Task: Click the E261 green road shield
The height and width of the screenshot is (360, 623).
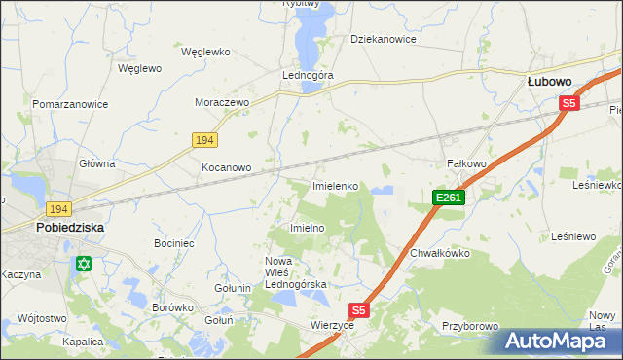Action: click(x=449, y=198)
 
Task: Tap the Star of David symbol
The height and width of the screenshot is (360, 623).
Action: click(x=84, y=264)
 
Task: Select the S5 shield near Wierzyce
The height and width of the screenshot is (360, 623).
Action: click(x=360, y=310)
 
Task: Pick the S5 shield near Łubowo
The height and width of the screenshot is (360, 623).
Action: click(x=569, y=102)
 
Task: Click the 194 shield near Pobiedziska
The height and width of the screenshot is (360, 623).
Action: click(x=58, y=209)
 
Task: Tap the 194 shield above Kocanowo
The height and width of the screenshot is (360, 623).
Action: click(x=202, y=140)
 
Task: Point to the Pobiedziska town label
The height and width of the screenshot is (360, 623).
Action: click(x=70, y=227)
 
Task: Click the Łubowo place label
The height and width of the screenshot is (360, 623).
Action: click(x=549, y=83)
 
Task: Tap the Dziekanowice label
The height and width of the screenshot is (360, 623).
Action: click(x=384, y=40)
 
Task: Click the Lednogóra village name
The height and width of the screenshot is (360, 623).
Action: click(x=307, y=75)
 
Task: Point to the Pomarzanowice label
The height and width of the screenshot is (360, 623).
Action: click(x=69, y=103)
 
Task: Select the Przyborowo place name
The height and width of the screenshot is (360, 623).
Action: click(x=470, y=327)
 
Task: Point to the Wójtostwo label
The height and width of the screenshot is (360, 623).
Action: click(x=41, y=318)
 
